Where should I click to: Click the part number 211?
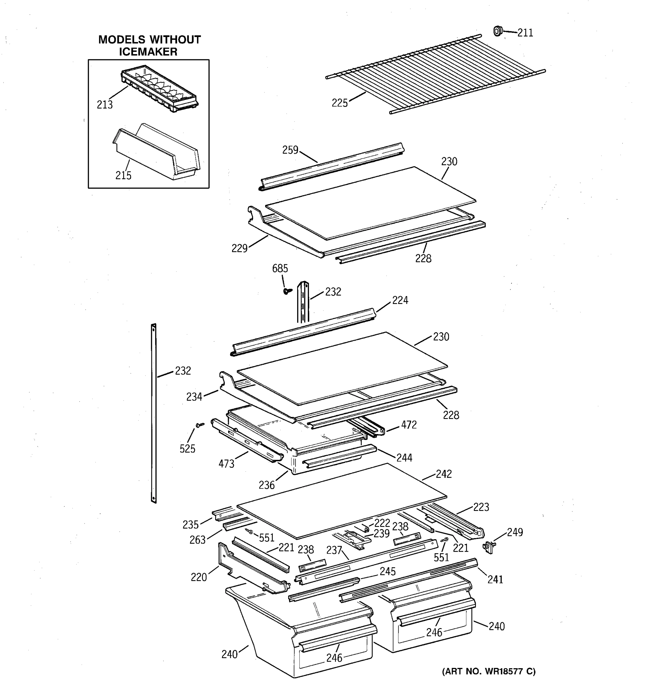point(525,33)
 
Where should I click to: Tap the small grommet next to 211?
point(497,31)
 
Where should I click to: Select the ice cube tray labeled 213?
point(160,90)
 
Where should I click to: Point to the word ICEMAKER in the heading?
point(148,52)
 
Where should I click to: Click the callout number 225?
point(339,103)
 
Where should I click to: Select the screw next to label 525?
point(200,425)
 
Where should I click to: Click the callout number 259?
point(290,150)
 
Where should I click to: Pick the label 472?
point(409,425)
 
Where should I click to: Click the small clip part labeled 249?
point(489,547)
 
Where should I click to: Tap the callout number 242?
point(444,474)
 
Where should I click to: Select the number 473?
point(226,464)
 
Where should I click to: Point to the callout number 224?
point(400,300)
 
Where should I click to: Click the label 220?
point(199,577)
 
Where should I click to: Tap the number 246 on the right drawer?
point(434,632)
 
